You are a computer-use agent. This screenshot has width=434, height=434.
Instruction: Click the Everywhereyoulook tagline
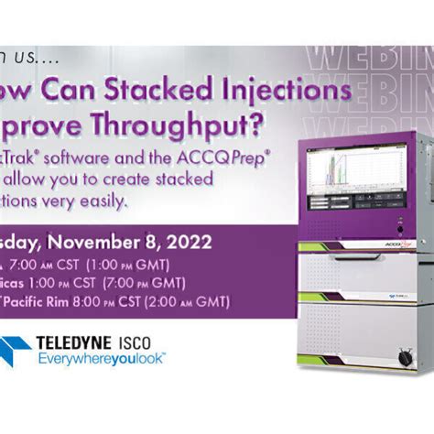coord(102,359)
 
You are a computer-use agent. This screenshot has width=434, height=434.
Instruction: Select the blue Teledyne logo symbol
coord(16,350)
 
